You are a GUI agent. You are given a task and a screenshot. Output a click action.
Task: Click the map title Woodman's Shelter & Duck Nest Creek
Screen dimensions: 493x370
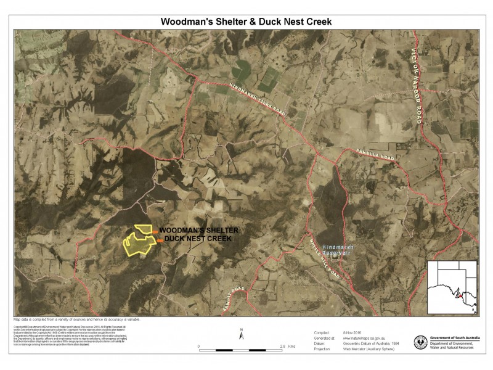pyautogui.click(x=246, y=21)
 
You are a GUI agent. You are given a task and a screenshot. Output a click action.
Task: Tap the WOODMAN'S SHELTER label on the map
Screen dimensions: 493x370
pyautogui.click(x=198, y=230)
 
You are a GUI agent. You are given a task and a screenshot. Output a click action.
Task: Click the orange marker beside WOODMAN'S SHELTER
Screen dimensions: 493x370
pyautogui.click(x=155, y=232)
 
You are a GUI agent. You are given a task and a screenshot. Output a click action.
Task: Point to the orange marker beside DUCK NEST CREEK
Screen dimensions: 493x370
pyautogui.click(x=160, y=240)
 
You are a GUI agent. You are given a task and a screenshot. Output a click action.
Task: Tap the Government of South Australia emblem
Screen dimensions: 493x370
pyautogui.click(x=422, y=342)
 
